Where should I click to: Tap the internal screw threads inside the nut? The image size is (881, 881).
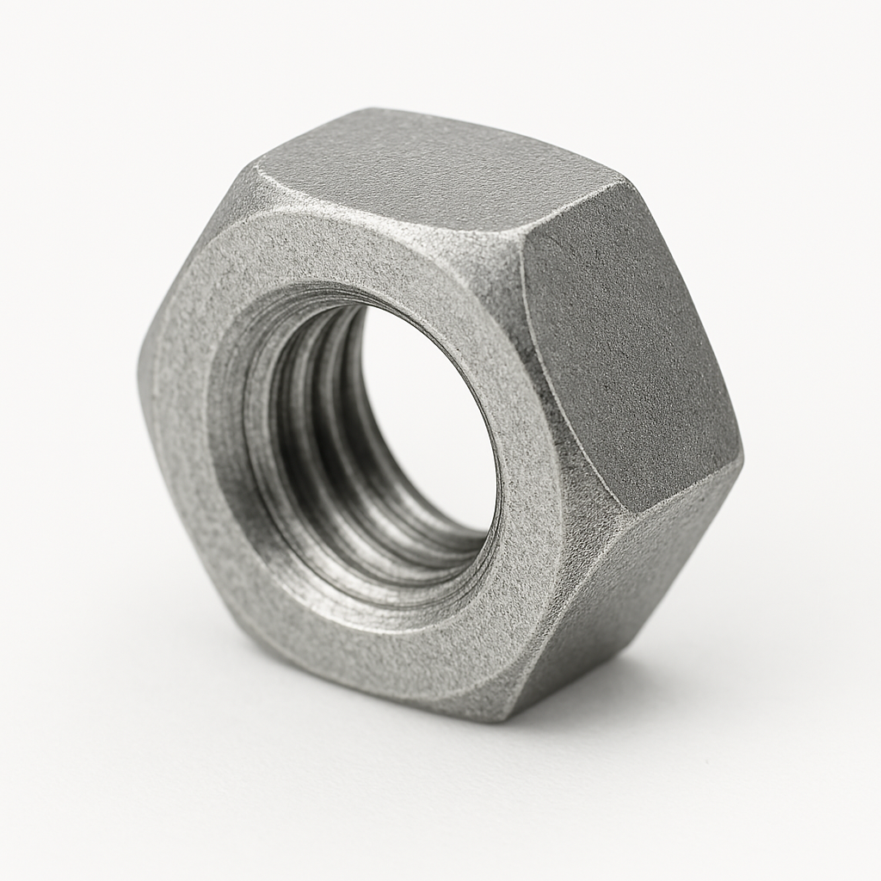point(301,430)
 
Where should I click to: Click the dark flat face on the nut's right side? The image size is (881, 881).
point(628,344)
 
